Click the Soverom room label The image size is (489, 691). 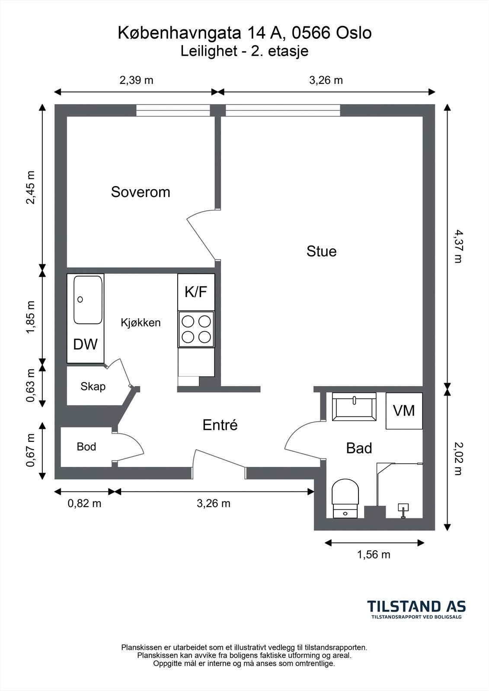[x=141, y=192]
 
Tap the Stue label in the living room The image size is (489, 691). [x=321, y=251]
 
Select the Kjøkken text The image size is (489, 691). [x=141, y=323]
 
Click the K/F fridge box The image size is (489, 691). [x=196, y=292]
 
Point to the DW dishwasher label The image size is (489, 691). [x=85, y=344]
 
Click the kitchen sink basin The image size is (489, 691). [x=88, y=300]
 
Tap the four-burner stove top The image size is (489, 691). [x=196, y=329]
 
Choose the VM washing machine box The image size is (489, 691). [x=404, y=411]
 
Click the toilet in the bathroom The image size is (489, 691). [x=345, y=498]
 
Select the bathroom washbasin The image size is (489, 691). [x=354, y=406]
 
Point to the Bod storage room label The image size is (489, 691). [x=86, y=447]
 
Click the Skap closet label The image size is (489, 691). [x=93, y=386]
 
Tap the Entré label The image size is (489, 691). [x=220, y=425]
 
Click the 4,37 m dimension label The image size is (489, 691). [x=458, y=247]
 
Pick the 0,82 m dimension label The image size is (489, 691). [x=84, y=504]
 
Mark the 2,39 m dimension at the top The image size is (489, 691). [x=136, y=80]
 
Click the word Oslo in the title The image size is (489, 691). [x=354, y=33]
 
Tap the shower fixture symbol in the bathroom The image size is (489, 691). [x=403, y=510]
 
